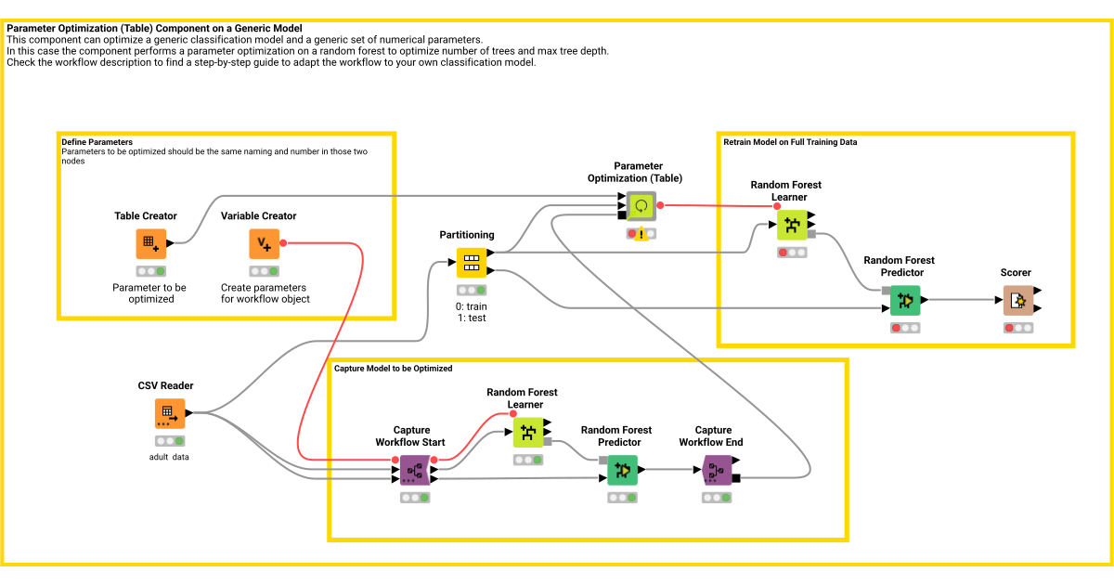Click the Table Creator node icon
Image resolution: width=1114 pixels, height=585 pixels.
[x=150, y=244]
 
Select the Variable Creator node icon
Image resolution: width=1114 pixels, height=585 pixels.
[x=264, y=244]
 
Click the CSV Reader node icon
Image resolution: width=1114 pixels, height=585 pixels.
[x=169, y=413]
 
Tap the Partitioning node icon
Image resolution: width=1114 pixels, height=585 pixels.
[x=472, y=262]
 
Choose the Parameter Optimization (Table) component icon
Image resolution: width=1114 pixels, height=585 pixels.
[x=641, y=206]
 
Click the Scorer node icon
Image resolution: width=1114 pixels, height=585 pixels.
[x=1017, y=300]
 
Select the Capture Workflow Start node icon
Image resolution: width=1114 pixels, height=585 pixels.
[x=414, y=471]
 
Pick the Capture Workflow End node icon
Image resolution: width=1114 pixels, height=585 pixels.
[x=715, y=471]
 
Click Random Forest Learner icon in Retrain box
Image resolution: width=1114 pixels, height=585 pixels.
[x=792, y=225]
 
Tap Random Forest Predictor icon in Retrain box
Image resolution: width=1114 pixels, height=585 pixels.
[x=904, y=300]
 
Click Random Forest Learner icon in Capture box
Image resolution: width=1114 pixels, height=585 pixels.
[x=528, y=432]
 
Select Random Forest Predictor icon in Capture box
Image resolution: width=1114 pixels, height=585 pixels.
[x=622, y=471]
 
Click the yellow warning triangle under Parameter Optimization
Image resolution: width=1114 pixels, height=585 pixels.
[x=641, y=235]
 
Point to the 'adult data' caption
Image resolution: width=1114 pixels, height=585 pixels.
[x=169, y=457]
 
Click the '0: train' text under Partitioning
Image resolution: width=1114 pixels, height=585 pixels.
[x=472, y=305]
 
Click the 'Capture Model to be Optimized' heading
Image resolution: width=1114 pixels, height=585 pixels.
[x=393, y=369]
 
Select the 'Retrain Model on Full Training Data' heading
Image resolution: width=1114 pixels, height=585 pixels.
[x=790, y=142]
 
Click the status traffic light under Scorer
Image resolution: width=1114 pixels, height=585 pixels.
[x=1017, y=328]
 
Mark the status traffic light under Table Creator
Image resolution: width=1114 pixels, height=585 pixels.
[x=150, y=271]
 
